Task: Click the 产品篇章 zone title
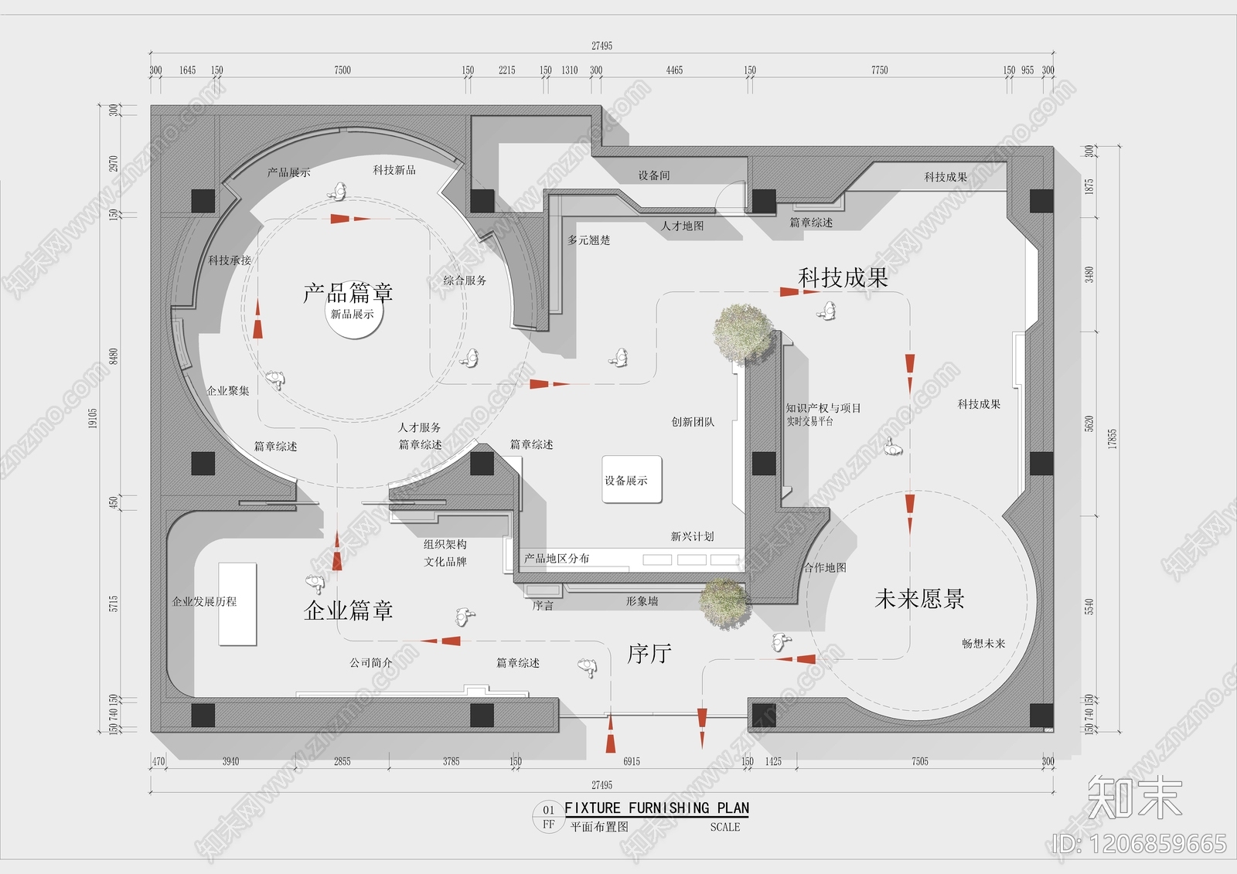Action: [x=348, y=293]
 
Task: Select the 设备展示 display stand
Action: [x=632, y=480]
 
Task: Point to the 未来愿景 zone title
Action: [x=919, y=599]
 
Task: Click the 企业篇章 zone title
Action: [x=348, y=610]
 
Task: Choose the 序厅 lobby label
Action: [x=649, y=654]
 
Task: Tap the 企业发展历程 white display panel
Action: [x=237, y=604]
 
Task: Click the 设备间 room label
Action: [x=654, y=175]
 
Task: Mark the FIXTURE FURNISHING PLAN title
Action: [x=656, y=808]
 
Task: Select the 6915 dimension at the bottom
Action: [x=632, y=761]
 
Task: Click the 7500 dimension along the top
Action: [x=342, y=70]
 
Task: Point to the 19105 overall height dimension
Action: [x=93, y=418]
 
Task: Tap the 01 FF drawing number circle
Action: [x=548, y=817]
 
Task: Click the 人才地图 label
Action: [x=683, y=226]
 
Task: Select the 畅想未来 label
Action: [x=983, y=643]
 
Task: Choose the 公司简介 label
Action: [x=371, y=662]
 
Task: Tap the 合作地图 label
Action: [x=825, y=567]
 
